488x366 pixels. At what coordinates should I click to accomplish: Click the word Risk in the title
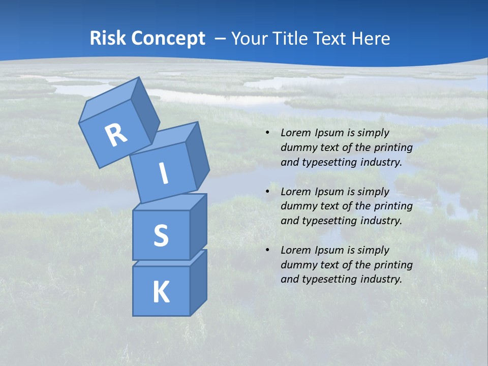(x=109, y=39)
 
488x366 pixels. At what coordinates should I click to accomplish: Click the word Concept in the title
(x=168, y=39)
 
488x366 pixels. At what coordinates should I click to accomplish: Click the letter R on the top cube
(x=116, y=135)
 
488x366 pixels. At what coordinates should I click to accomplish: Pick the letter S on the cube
(x=161, y=235)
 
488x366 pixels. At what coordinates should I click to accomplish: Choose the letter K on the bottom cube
(x=161, y=292)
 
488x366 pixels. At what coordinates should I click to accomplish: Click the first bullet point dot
(x=267, y=133)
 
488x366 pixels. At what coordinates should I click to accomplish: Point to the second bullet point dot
(x=267, y=192)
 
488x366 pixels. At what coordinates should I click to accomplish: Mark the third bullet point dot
(x=267, y=250)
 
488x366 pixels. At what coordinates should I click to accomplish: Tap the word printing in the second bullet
(x=393, y=206)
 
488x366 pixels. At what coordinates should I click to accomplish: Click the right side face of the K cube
(x=198, y=282)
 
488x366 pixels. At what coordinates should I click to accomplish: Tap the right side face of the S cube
(x=198, y=226)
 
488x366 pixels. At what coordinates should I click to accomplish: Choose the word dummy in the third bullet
(x=298, y=265)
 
